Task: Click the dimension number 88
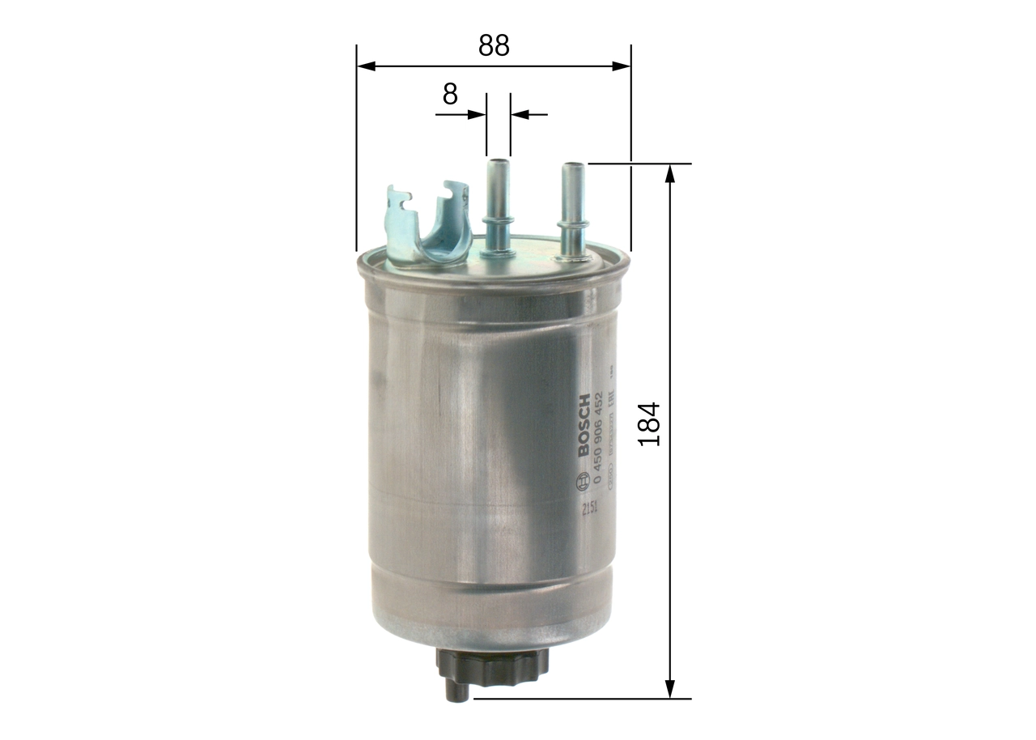click(x=493, y=45)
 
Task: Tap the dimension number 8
click(x=450, y=95)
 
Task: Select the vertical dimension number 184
click(x=649, y=423)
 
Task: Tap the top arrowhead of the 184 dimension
click(x=669, y=173)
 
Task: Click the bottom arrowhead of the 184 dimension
click(x=669, y=688)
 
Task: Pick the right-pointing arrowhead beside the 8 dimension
click(x=477, y=115)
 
